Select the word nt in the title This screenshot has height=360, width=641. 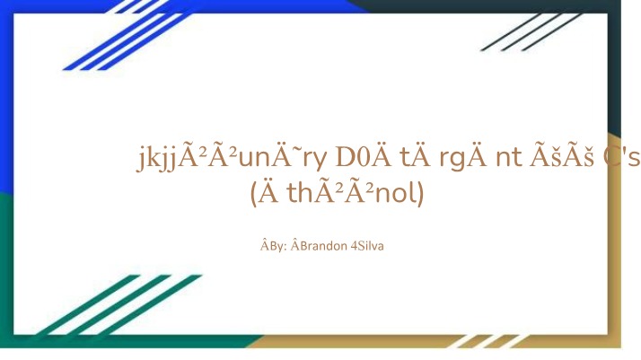point(509,157)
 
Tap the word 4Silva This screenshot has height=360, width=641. point(367,246)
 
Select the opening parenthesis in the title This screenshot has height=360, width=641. point(253,193)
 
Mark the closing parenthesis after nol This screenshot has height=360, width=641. point(421,193)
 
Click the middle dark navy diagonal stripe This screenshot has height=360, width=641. point(531,32)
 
